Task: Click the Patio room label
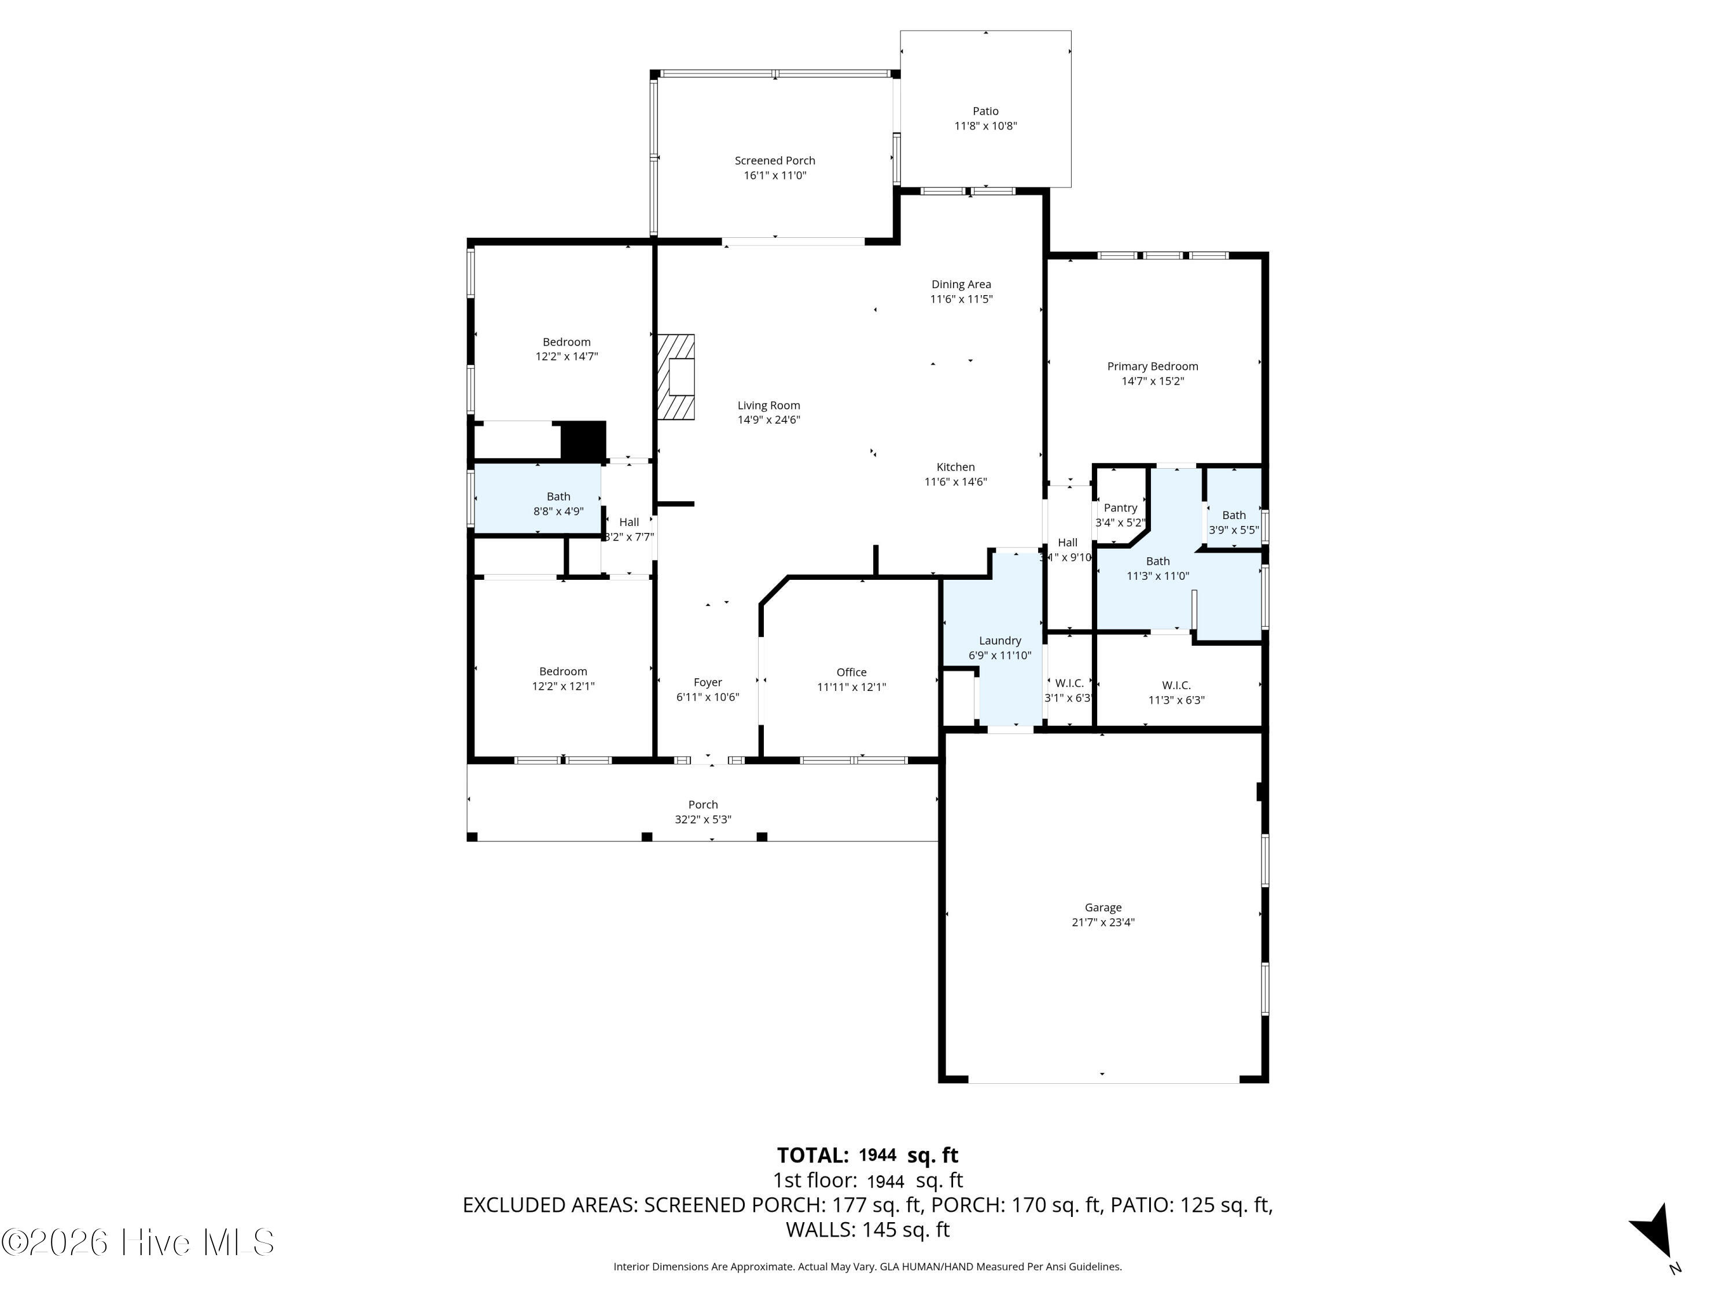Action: click(985, 111)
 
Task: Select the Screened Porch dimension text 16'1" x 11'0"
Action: click(775, 175)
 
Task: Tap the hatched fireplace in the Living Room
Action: click(676, 377)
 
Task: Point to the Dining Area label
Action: click(961, 284)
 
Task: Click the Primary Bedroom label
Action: click(1152, 366)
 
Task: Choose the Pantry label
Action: click(1120, 507)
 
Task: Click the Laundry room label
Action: click(1000, 641)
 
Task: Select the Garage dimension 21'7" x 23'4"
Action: click(1103, 922)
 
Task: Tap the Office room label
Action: click(852, 672)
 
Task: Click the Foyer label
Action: click(707, 682)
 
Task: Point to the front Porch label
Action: click(703, 804)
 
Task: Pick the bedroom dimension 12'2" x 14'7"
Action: click(567, 356)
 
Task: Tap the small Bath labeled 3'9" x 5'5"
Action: click(1234, 522)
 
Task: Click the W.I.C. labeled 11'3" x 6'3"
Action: click(1176, 692)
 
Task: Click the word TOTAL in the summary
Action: click(812, 1155)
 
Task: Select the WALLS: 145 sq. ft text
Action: click(867, 1230)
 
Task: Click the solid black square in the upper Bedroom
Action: click(584, 440)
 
